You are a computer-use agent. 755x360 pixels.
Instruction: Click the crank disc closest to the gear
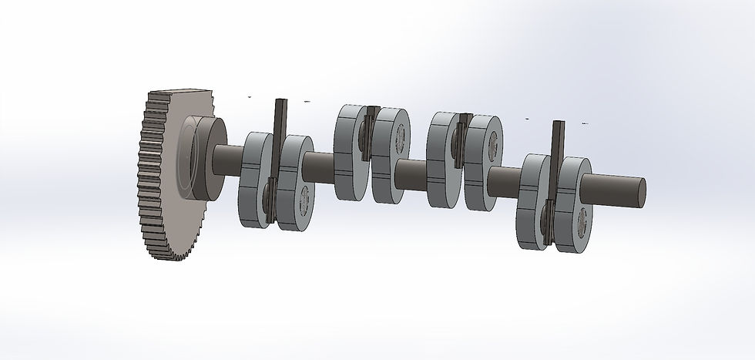[x=254, y=181]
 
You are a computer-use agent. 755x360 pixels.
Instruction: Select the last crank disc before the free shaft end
[x=574, y=204]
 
